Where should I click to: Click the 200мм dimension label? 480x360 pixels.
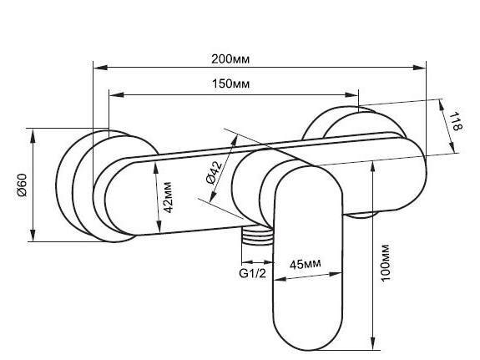[230, 58]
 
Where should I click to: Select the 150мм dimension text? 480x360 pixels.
[230, 84]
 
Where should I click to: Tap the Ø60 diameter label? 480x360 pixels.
[23, 185]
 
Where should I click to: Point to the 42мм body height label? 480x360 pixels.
[168, 197]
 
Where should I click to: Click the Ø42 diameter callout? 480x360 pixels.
[215, 173]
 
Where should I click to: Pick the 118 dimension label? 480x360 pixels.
[456, 121]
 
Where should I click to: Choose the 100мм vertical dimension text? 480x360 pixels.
[385, 262]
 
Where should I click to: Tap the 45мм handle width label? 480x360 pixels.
[306, 263]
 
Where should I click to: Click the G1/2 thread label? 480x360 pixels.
[253, 273]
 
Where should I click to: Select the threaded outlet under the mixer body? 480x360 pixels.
[257, 236]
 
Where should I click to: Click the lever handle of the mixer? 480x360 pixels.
[308, 258]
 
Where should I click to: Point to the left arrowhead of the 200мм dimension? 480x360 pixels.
[100, 68]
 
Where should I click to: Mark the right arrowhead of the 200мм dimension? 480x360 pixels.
[418, 68]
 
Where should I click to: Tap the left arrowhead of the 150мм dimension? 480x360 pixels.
[117, 94]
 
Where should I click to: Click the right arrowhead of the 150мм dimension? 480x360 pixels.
[351, 94]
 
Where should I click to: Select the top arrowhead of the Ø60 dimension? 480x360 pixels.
[33, 135]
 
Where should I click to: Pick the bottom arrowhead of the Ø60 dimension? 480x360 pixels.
[33, 234]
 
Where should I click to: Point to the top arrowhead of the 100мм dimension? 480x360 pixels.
[372, 169]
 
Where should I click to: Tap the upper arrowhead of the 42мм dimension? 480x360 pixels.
[156, 169]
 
